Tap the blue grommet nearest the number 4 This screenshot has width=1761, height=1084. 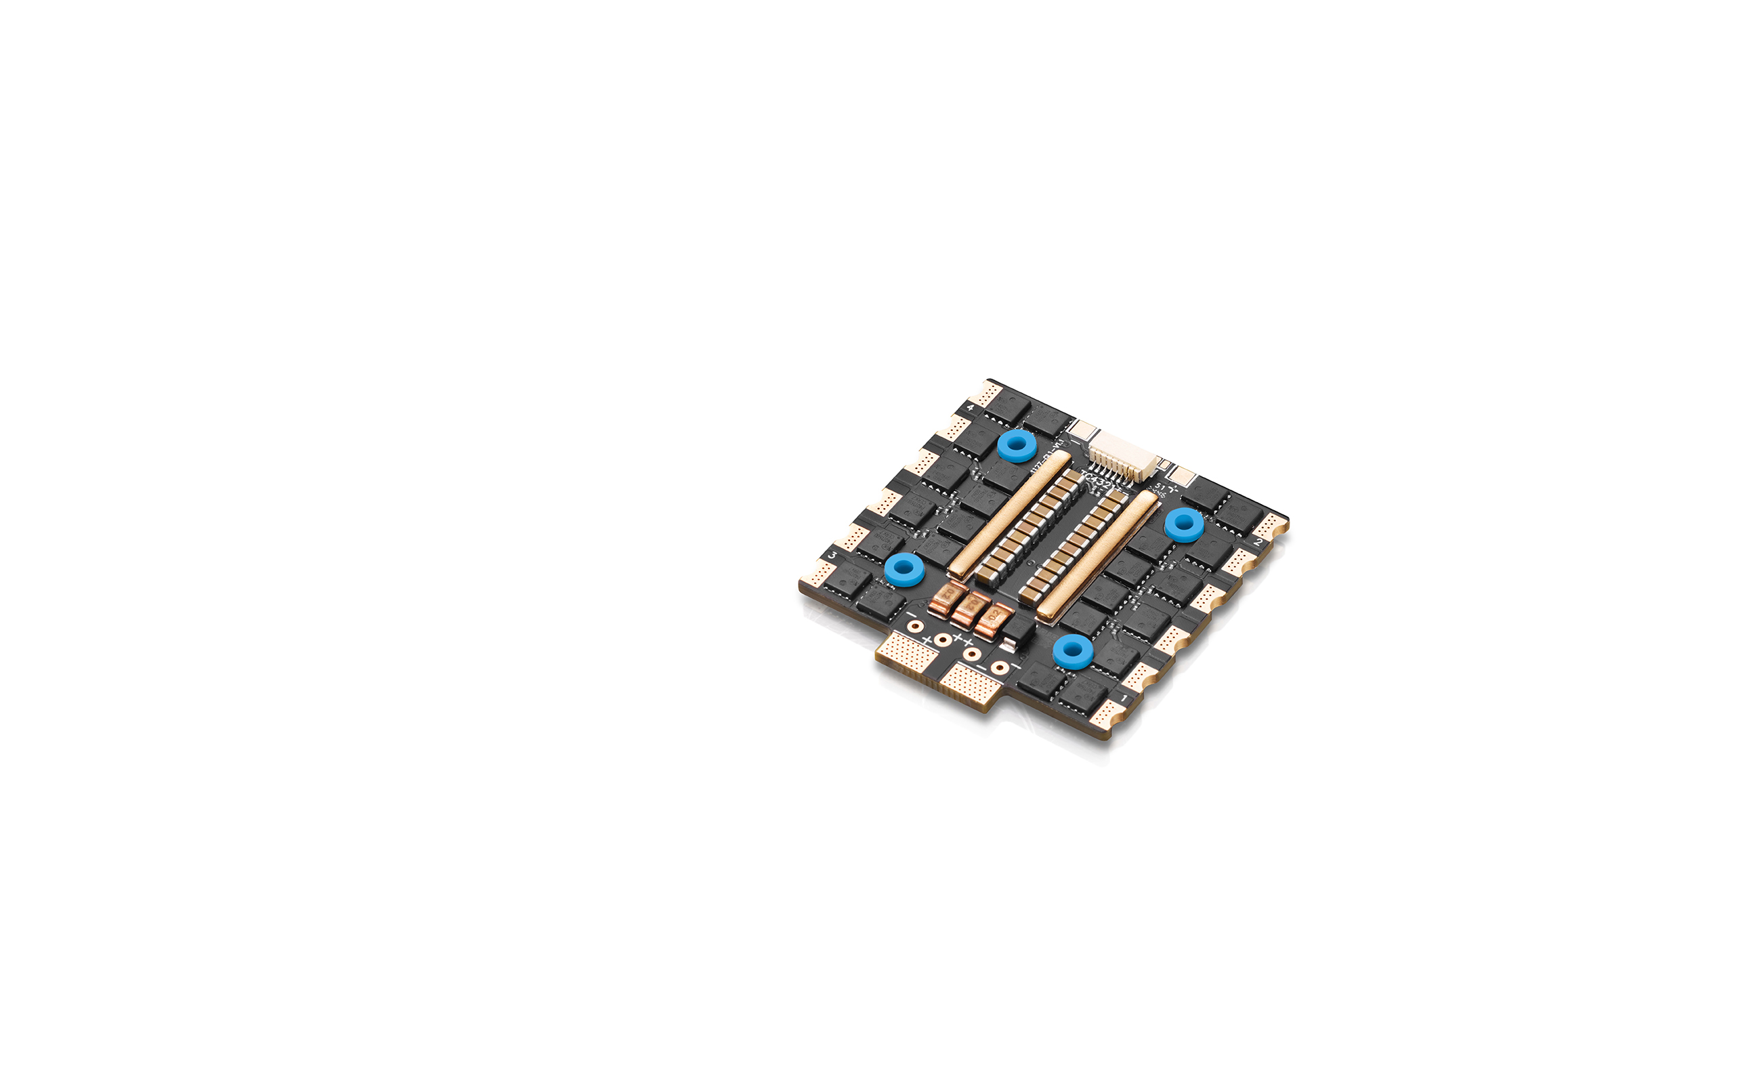pos(1017,446)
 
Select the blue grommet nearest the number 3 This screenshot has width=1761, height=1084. pos(904,570)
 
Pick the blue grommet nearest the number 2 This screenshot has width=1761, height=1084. pos(1183,525)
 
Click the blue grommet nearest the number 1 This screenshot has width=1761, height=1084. pos(1072,651)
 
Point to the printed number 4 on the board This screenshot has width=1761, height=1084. pos(971,408)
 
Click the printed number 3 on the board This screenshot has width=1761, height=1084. pos(832,555)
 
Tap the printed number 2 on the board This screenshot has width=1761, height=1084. pos(1258,543)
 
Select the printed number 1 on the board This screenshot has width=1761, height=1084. pos(1124,698)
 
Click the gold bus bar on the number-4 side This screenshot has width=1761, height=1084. pos(1010,515)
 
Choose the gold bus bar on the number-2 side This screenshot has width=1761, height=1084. pos(1097,556)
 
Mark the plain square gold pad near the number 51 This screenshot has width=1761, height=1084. pos(1183,476)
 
